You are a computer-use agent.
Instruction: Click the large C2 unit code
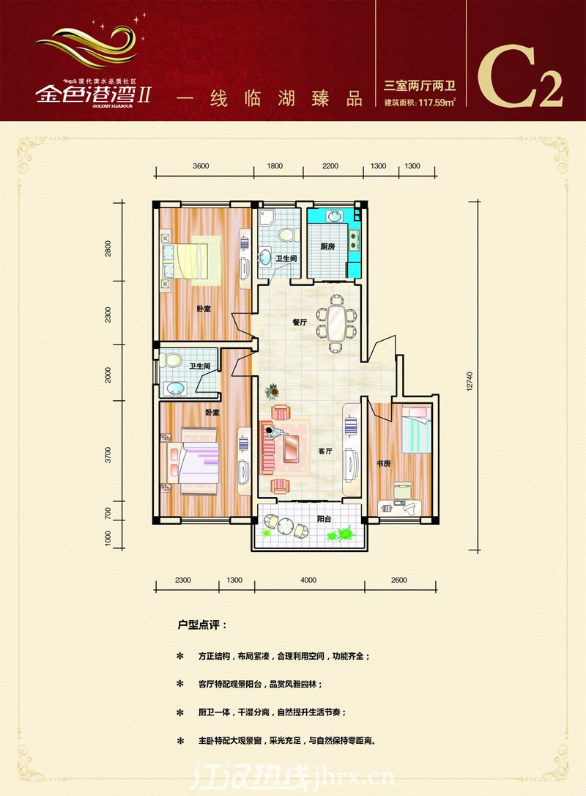click(x=520, y=77)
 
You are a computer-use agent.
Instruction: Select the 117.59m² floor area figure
click(x=437, y=102)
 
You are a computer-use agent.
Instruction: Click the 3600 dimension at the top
click(x=201, y=166)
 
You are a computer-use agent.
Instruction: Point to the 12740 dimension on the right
click(x=470, y=381)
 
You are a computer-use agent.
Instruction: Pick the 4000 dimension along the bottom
click(x=308, y=580)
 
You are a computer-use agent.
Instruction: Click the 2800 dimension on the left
click(x=108, y=248)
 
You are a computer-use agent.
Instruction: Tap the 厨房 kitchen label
click(x=327, y=247)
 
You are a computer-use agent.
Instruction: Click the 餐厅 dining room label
click(x=300, y=323)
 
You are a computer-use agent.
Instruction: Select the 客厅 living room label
click(x=325, y=451)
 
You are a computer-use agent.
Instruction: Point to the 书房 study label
click(x=384, y=463)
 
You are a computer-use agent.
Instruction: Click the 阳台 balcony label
click(x=324, y=519)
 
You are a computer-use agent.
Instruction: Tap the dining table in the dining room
click(x=336, y=323)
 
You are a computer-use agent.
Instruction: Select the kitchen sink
click(x=334, y=217)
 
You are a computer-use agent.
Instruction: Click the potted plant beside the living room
click(x=272, y=391)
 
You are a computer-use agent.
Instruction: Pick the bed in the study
click(x=417, y=430)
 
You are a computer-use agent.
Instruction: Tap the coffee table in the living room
click(x=292, y=449)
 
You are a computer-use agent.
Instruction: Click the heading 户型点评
click(x=202, y=625)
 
